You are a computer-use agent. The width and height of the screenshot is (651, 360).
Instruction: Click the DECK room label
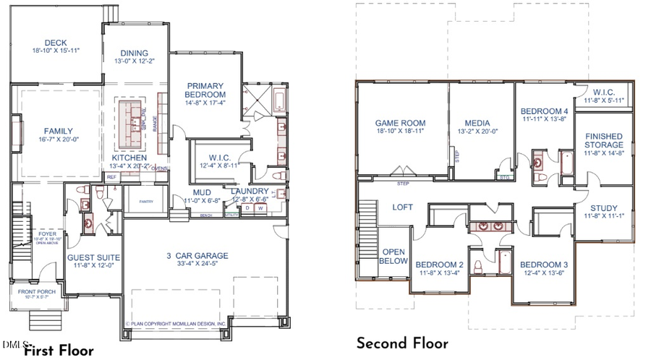55,42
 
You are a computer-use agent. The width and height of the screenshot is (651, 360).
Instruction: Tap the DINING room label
135,53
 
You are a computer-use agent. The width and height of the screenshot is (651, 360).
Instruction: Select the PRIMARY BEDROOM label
205,90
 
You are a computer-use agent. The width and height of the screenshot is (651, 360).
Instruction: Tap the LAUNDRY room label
250,191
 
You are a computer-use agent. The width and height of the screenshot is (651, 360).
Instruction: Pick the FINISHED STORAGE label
603,140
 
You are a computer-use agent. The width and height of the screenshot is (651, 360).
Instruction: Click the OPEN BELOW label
394,256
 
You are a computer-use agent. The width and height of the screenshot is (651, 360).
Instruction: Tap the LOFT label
402,207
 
